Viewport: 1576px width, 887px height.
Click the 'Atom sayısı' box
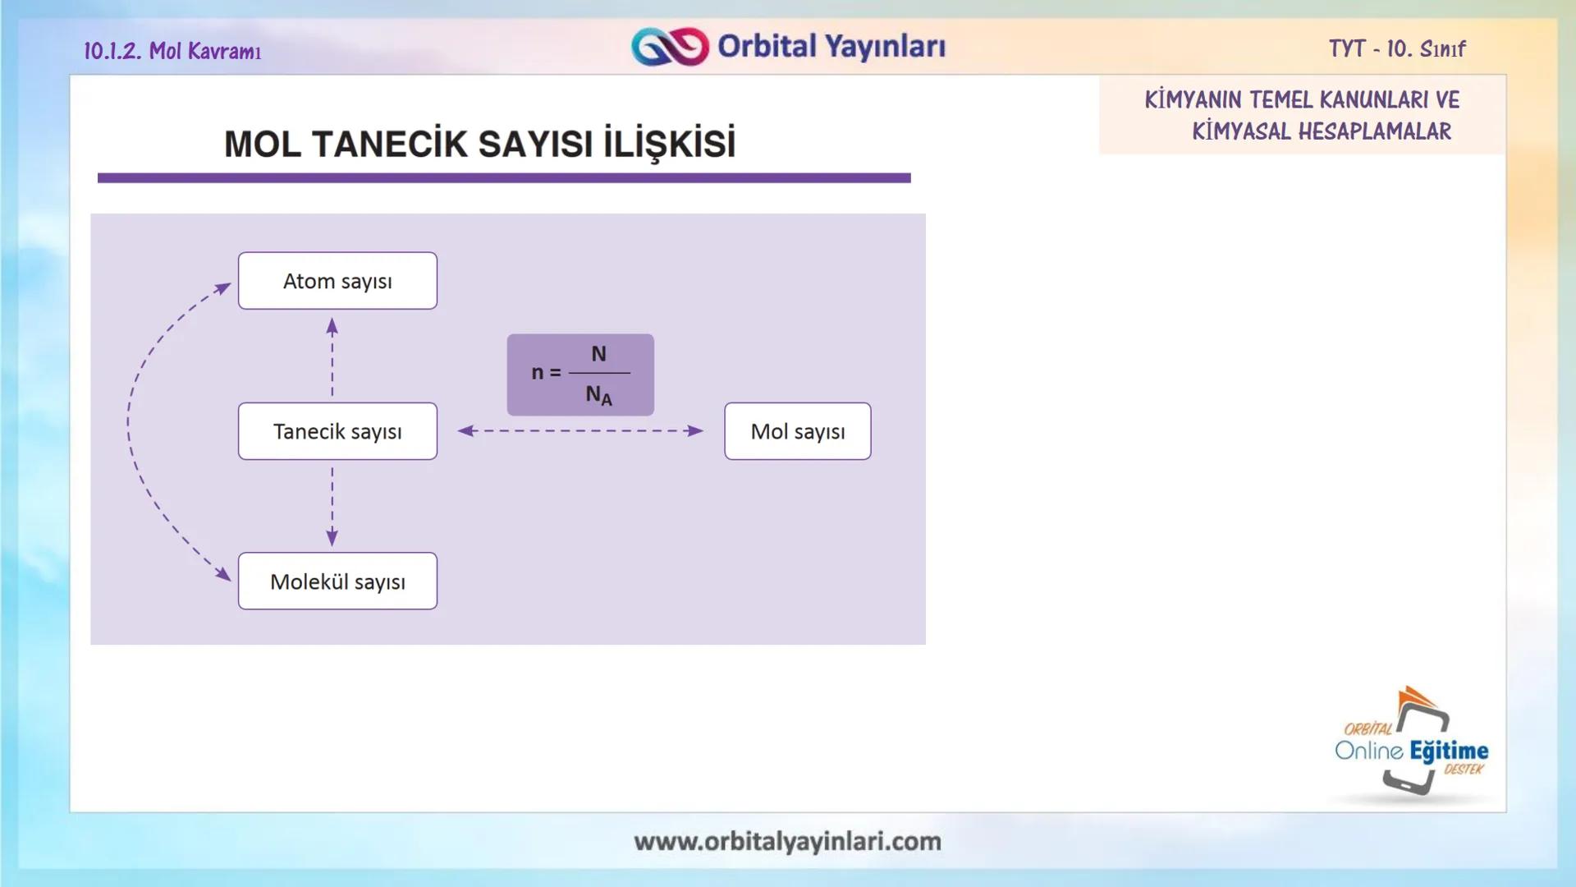337,281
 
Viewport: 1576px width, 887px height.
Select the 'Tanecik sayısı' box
337,431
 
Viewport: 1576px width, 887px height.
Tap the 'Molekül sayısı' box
337,581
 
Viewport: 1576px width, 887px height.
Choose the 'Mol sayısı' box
797,431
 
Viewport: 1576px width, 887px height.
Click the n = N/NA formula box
580,375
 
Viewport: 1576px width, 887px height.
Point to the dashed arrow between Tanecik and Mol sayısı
580,430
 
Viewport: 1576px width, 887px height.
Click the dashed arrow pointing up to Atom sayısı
332,357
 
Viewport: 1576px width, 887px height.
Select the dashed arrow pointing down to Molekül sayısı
332,505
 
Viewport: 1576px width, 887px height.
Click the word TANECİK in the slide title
389,145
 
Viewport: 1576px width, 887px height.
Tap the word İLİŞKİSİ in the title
669,145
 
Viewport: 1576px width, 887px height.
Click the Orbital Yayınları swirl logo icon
670,47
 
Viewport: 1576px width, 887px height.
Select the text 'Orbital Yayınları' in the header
831,47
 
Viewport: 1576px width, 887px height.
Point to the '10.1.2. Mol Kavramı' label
172,51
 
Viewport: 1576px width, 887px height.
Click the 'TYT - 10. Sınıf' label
1397,49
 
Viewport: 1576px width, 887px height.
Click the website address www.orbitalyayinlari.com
787,841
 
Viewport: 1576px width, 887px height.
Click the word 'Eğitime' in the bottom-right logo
1449,751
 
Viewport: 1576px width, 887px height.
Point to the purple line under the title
504,177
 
